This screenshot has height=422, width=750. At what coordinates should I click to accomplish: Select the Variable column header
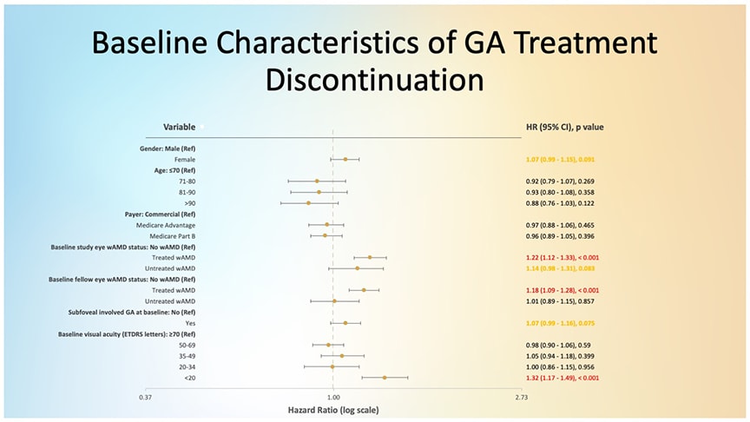coord(179,127)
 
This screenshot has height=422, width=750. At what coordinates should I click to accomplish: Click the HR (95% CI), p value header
coord(564,127)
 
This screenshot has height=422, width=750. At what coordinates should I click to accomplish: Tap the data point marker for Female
coord(345,160)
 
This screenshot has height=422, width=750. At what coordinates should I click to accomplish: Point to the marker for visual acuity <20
coord(385,378)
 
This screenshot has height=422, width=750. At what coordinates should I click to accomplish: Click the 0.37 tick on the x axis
coord(146,397)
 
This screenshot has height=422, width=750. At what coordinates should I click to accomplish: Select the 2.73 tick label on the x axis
coord(520,397)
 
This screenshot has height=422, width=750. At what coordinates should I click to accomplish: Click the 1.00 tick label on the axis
coord(332,397)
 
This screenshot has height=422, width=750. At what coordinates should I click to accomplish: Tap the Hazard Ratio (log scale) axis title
coord(333,409)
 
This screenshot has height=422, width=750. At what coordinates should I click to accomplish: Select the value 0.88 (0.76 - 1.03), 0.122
coord(560,203)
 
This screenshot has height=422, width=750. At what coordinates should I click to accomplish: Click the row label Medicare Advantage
coord(166,225)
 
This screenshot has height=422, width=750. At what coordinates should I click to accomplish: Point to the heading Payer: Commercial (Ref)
coord(155,214)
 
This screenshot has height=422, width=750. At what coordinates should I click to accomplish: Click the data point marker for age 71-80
coord(317,181)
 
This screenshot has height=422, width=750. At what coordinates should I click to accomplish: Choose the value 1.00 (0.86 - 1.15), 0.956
coord(560,366)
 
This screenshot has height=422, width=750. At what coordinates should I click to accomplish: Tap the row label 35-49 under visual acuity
coord(186,356)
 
